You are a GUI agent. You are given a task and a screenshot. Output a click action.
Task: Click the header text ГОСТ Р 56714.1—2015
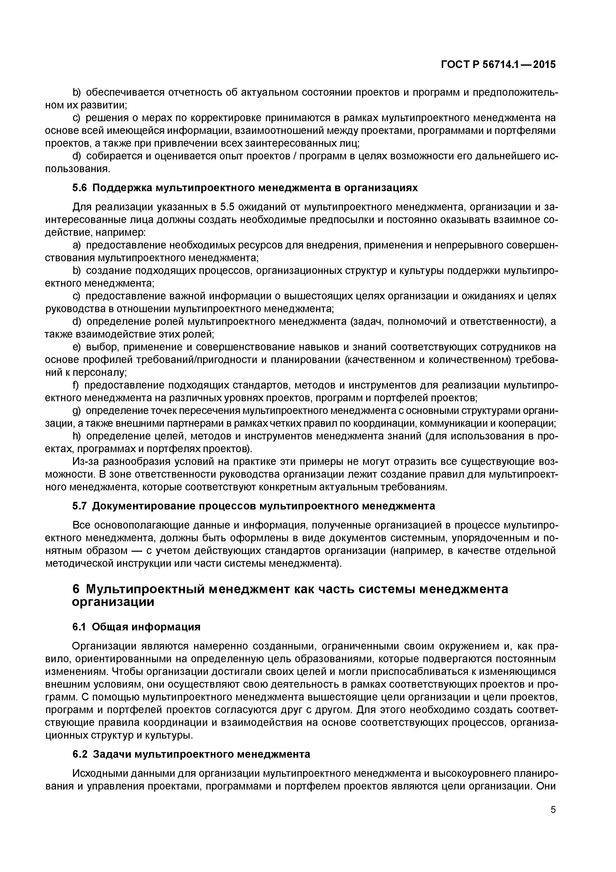[498, 65]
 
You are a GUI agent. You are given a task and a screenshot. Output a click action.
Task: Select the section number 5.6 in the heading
[79, 188]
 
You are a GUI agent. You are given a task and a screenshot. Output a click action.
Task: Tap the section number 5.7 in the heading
[79, 506]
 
